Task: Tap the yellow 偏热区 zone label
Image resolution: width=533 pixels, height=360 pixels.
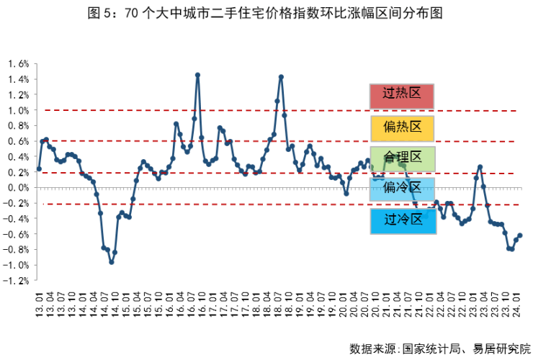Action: [x=402, y=127]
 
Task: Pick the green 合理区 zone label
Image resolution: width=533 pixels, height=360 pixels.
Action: [x=402, y=158]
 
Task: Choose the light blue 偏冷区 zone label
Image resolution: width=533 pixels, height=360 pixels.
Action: [x=402, y=189]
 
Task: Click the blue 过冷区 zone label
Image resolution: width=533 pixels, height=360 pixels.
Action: [x=402, y=220]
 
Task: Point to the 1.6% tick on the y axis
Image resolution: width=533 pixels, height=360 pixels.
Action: [x=18, y=63]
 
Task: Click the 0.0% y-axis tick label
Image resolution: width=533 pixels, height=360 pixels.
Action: [x=18, y=187]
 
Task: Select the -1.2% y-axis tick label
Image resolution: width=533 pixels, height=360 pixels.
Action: [x=17, y=280]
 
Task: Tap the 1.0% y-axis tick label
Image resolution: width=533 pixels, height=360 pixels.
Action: [x=18, y=110]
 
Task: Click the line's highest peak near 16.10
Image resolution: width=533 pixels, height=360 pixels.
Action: [x=197, y=75]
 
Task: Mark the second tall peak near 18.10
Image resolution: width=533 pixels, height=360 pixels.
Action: [x=281, y=77]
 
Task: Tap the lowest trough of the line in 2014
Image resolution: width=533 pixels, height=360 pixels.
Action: [x=111, y=262]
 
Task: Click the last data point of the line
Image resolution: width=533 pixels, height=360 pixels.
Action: [x=520, y=235]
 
